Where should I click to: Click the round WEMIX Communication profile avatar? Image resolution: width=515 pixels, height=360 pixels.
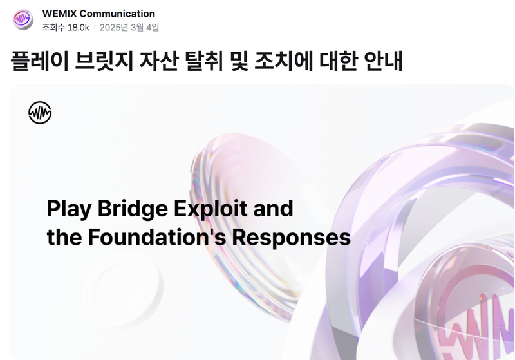click(x=23, y=19)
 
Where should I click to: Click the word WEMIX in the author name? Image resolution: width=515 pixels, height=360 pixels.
click(x=59, y=14)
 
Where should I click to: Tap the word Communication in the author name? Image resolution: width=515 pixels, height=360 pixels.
click(x=117, y=14)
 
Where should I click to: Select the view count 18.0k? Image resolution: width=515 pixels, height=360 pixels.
click(x=79, y=28)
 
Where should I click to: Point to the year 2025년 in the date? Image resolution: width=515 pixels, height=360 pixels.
click(x=114, y=27)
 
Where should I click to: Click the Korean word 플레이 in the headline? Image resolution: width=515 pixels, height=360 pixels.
click(x=40, y=61)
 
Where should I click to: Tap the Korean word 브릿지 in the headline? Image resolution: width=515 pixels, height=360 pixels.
click(x=104, y=61)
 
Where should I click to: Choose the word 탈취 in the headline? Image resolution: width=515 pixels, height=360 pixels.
click(x=204, y=61)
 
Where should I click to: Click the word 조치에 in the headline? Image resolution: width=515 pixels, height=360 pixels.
click(x=284, y=61)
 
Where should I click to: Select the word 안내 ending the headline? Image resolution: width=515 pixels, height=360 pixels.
click(x=383, y=61)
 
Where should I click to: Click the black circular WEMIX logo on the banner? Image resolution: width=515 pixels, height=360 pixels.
click(x=40, y=113)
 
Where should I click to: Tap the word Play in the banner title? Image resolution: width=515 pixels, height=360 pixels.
click(x=70, y=209)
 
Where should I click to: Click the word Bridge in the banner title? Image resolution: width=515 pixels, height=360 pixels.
click(x=133, y=209)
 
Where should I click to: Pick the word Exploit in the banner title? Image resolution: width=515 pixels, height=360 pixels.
click(x=211, y=209)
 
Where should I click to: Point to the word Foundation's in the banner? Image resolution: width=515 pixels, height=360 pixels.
click(x=157, y=237)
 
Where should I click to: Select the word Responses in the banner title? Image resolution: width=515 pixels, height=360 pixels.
click(x=292, y=237)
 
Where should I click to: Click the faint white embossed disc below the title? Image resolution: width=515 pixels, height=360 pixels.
click(x=123, y=290)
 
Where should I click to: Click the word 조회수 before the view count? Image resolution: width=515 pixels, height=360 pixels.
click(x=53, y=27)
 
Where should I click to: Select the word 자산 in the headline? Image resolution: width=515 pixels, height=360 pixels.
click(x=159, y=61)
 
